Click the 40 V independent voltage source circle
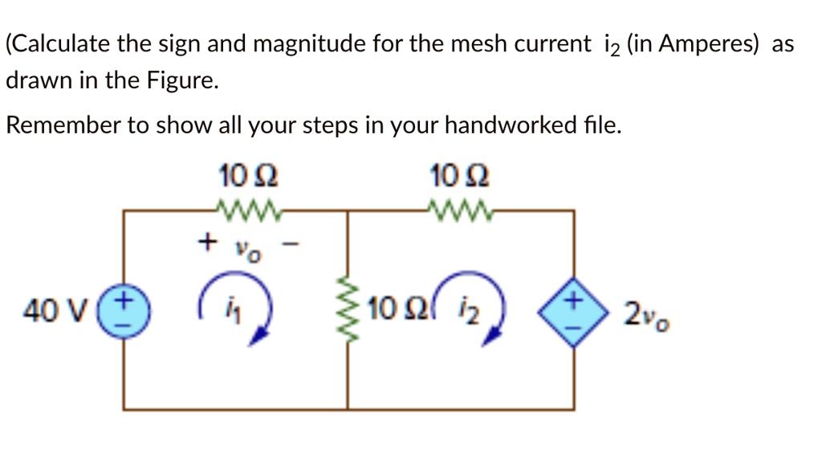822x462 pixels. tap(124, 309)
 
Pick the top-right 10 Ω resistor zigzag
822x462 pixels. tap(459, 211)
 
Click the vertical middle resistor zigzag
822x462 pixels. tap(348, 310)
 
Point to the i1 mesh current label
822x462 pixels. tap(234, 305)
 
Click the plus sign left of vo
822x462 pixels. tap(209, 241)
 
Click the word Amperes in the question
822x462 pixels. tap(706, 44)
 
